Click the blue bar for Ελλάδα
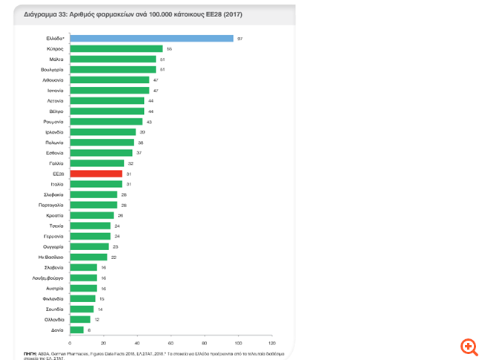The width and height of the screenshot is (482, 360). pyautogui.click(x=151, y=38)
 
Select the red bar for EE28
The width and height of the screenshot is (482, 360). pyautogui.click(x=96, y=173)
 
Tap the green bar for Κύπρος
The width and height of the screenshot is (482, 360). pyautogui.click(x=116, y=48)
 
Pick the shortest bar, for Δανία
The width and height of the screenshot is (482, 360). pyautogui.click(x=76, y=329)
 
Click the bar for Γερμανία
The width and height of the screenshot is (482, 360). pyautogui.click(x=90, y=235)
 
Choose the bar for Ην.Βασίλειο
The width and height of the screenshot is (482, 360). pyautogui.click(x=88, y=257)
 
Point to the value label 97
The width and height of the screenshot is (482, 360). pyautogui.click(x=240, y=38)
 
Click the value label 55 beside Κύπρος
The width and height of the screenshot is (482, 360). pyautogui.click(x=169, y=48)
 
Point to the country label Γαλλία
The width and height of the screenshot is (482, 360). pyautogui.click(x=56, y=163)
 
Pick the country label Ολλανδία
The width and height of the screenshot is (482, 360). pyautogui.click(x=53, y=318)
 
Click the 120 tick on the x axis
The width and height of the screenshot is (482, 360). pyautogui.click(x=271, y=343)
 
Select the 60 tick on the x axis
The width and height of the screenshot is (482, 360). pyautogui.click(x=171, y=343)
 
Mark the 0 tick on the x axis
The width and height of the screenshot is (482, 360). pyautogui.click(x=70, y=343)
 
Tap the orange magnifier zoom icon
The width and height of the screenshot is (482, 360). pyautogui.click(x=469, y=346)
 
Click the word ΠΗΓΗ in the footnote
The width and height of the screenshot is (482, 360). pyautogui.click(x=30, y=351)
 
